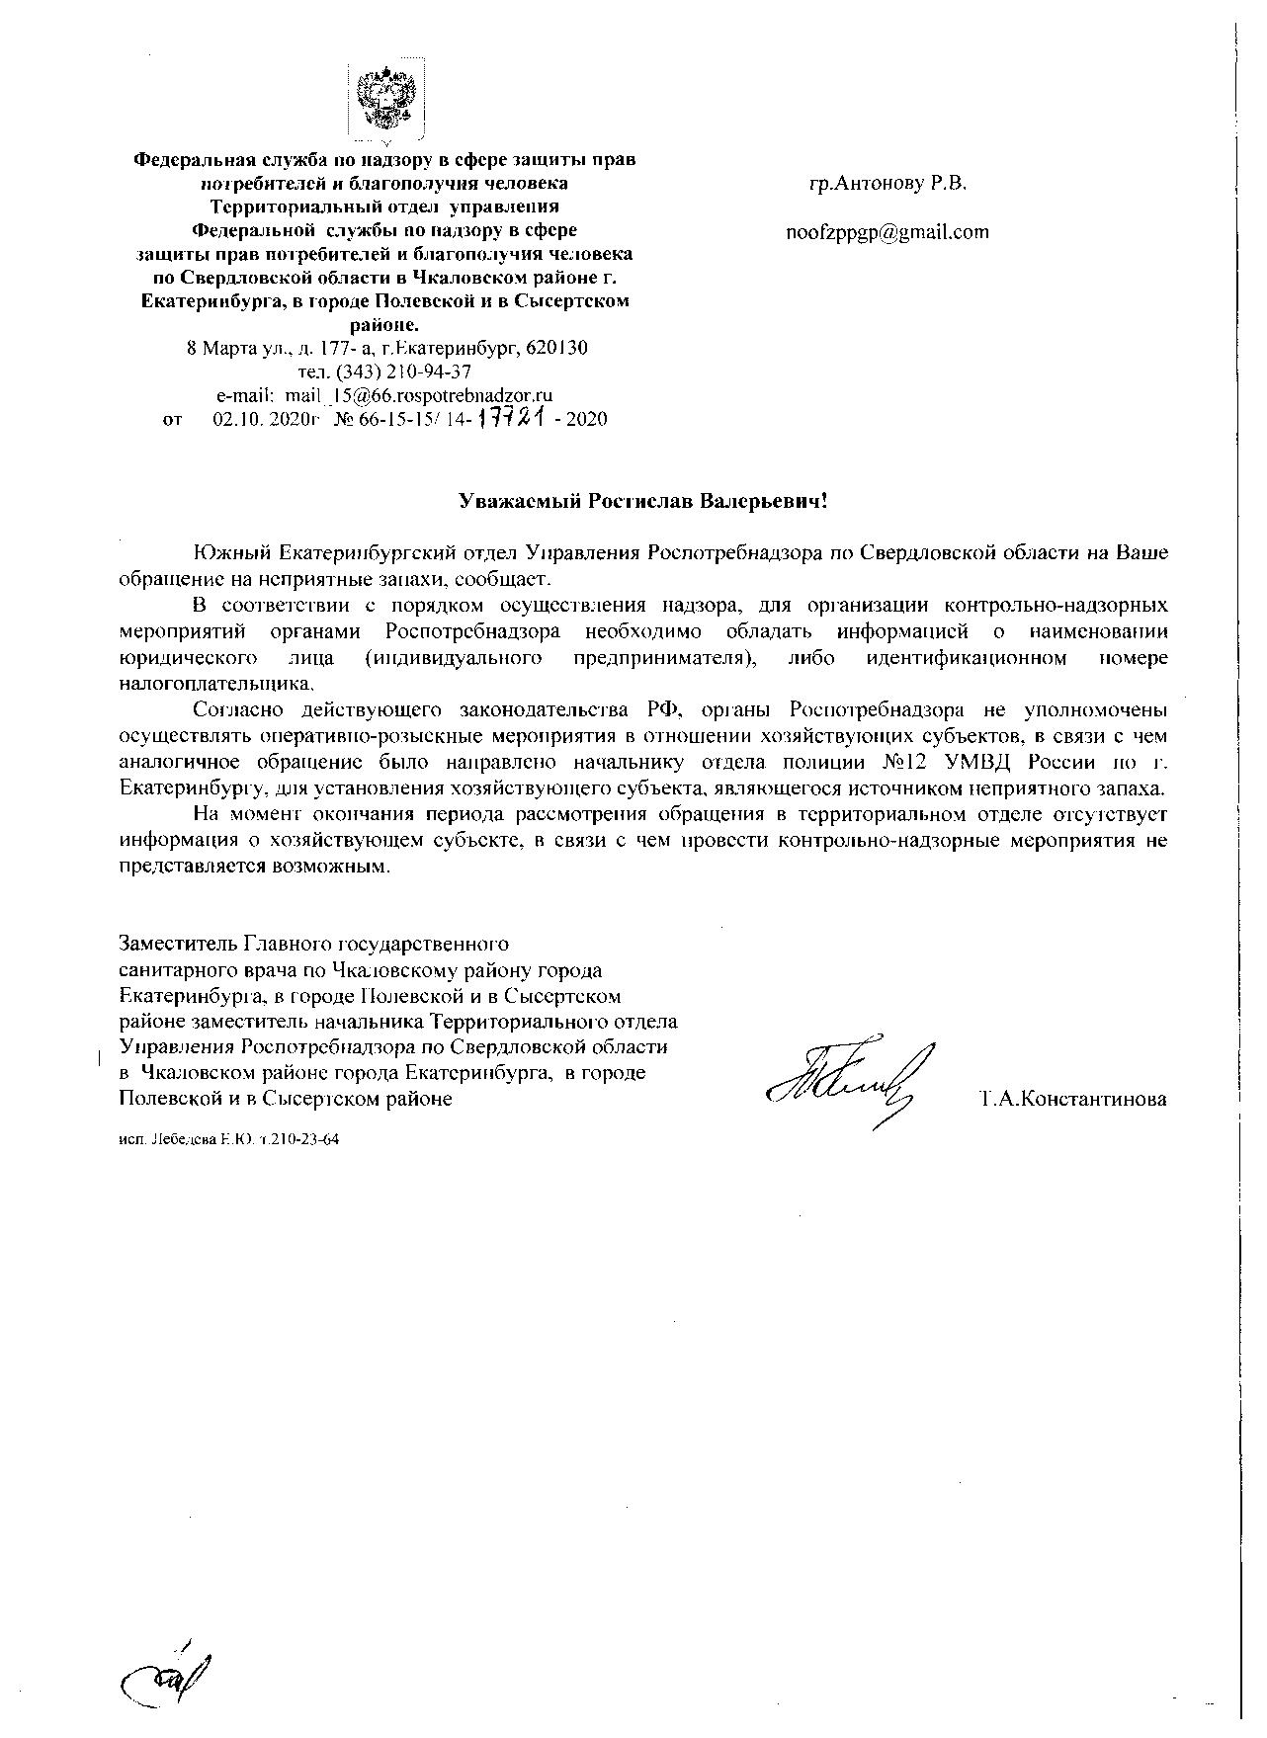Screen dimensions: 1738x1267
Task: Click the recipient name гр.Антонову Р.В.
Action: (887, 184)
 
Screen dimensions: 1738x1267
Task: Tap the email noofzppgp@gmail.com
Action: (887, 232)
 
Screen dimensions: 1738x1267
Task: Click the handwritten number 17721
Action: (512, 418)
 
